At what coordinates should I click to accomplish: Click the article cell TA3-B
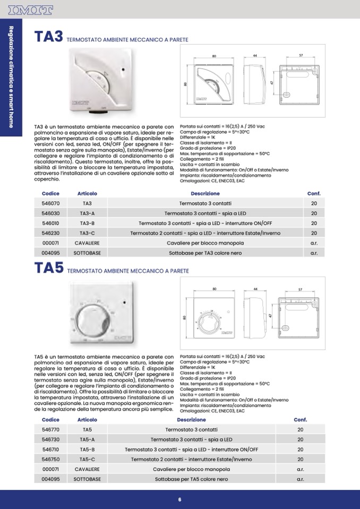[x=87, y=223]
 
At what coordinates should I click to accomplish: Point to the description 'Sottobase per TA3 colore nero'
[x=205, y=253]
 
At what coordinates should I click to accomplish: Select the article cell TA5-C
[x=87, y=459]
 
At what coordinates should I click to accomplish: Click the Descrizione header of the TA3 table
[x=205, y=193]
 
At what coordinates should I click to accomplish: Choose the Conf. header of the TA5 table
[x=301, y=419]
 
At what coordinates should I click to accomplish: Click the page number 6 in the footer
[x=180, y=500]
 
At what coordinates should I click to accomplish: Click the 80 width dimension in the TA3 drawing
[x=214, y=56]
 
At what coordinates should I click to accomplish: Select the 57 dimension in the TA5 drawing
[x=301, y=290]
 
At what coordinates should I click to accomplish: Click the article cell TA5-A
[x=87, y=439]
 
